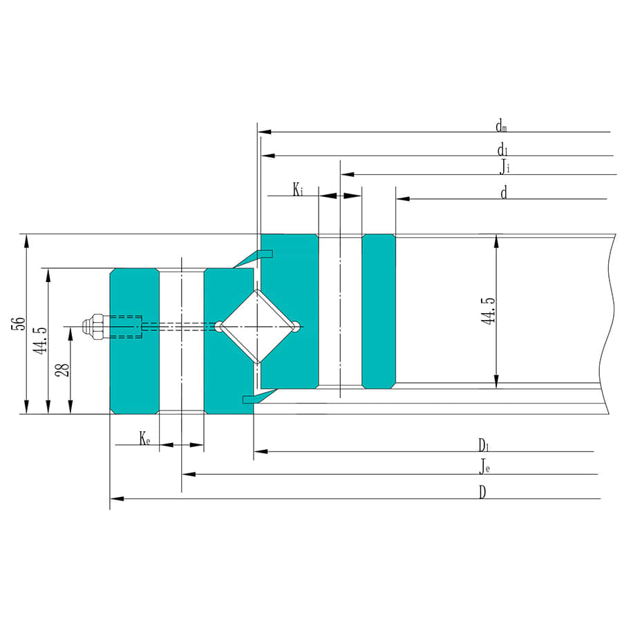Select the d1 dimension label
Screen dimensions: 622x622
[x=502, y=149]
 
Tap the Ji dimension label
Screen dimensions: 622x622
[x=506, y=167]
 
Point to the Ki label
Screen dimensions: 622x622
[x=297, y=189]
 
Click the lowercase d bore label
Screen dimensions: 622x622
[x=504, y=193]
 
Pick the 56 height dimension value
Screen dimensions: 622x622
[x=19, y=325]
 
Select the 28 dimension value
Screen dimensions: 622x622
[x=63, y=370]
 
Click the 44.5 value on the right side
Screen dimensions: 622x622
[x=489, y=311]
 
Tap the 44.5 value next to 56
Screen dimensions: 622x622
[x=40, y=340]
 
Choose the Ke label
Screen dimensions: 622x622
[x=144, y=438]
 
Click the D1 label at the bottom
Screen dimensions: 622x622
[x=484, y=444]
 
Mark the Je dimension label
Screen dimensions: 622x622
[x=485, y=467]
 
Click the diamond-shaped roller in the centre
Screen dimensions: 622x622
[x=257, y=326]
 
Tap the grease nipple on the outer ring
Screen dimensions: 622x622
[x=93, y=326]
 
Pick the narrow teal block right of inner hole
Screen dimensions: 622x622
[x=379, y=311]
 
